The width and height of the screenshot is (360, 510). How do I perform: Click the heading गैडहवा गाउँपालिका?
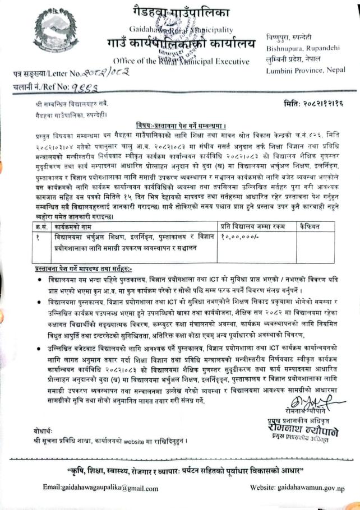click(181, 11)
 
